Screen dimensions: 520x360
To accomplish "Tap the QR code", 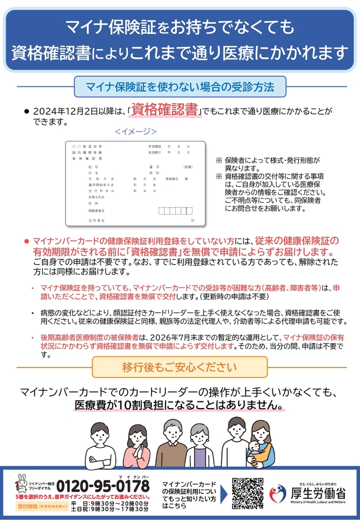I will click(247, 493).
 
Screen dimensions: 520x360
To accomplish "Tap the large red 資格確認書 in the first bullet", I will click(165, 109).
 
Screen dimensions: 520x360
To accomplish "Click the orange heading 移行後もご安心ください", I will click(179, 367).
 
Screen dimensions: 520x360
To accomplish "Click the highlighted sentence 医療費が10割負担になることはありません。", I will click(180, 405).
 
